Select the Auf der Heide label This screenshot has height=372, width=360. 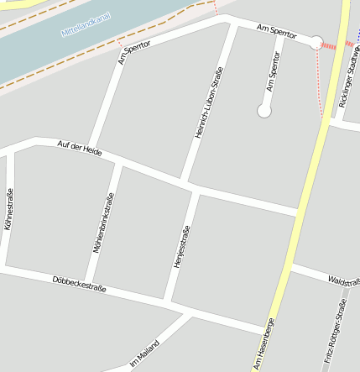80,149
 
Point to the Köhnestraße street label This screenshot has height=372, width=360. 8,209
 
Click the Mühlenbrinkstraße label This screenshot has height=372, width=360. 103,223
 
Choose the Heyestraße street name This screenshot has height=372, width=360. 181,246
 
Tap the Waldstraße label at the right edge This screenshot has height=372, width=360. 344,280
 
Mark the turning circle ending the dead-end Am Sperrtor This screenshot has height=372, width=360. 264,110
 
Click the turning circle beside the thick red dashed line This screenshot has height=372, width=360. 316,42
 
